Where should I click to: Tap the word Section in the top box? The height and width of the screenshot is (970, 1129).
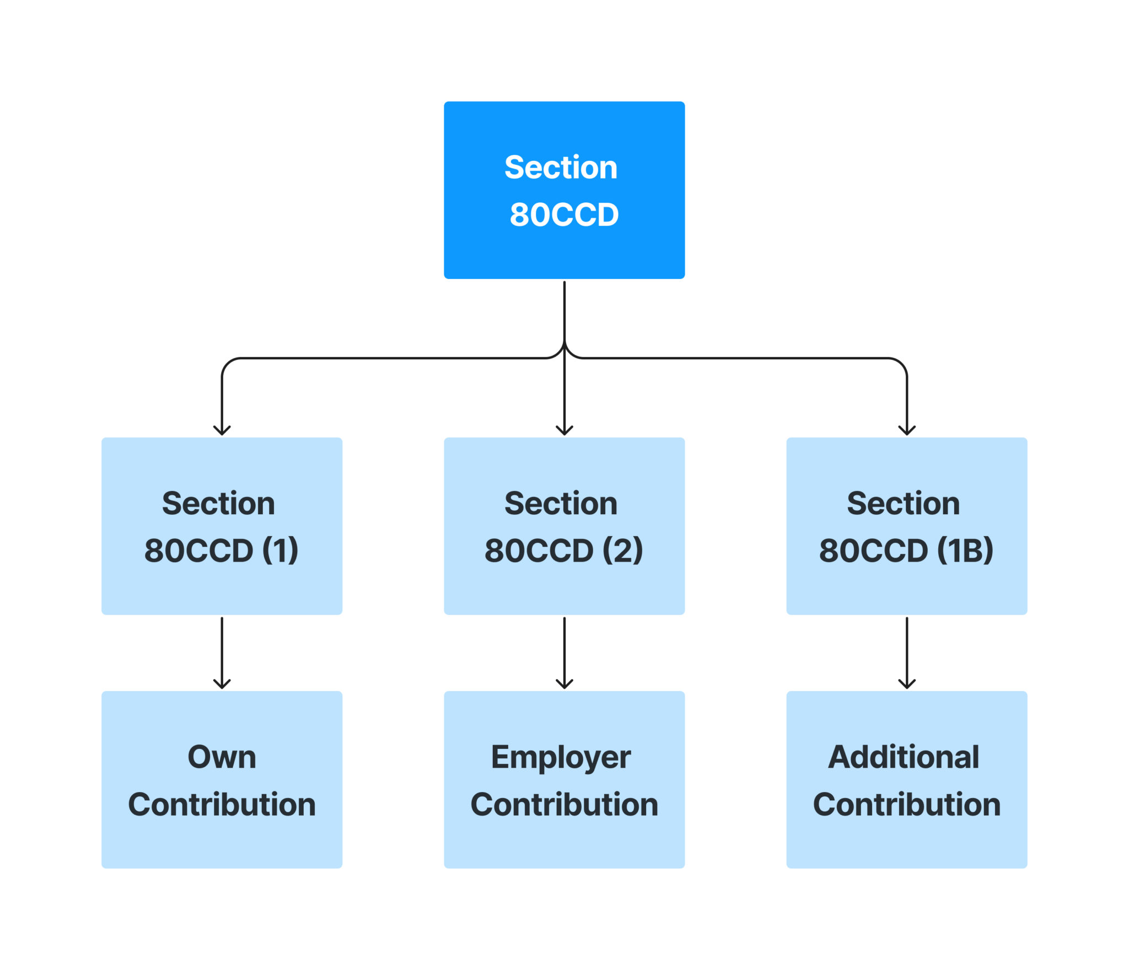pyautogui.click(x=561, y=168)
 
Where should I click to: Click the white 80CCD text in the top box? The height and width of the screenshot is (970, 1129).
pyautogui.click(x=564, y=214)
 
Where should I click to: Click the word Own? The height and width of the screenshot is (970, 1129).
pyautogui.click(x=222, y=757)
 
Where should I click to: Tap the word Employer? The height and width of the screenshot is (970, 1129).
pyautogui.click(x=561, y=758)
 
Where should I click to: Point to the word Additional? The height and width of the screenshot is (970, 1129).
pyautogui.click(x=904, y=757)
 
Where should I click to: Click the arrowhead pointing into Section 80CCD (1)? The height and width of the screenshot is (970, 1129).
pyautogui.click(x=222, y=430)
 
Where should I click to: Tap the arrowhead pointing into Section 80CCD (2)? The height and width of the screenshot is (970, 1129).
pyautogui.click(x=564, y=430)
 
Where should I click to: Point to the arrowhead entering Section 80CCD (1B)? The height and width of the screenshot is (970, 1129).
pyautogui.click(x=906, y=430)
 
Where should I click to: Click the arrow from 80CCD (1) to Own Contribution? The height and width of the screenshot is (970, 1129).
pyautogui.click(x=222, y=653)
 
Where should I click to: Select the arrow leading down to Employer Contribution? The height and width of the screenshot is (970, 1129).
pyautogui.click(x=564, y=653)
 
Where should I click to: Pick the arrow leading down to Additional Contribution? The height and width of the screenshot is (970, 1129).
pyautogui.click(x=906, y=653)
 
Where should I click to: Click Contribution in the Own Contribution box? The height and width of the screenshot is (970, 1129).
pyautogui.click(x=222, y=805)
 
